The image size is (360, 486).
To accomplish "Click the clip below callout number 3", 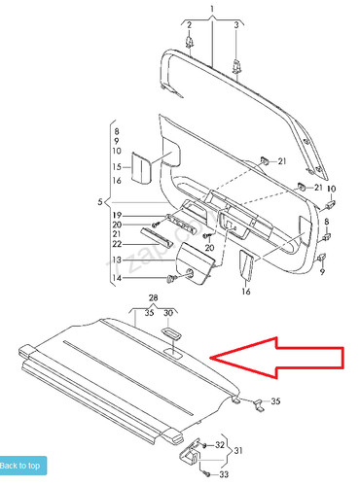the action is [x=237, y=65].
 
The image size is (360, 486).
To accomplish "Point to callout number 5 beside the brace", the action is [x=100, y=201].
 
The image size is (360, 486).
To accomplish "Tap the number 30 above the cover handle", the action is [x=167, y=312].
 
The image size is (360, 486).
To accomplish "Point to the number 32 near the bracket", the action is [x=219, y=444].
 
